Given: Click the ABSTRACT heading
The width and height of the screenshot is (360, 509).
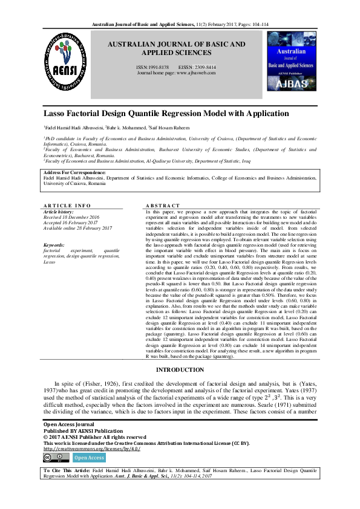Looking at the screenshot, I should [163, 206].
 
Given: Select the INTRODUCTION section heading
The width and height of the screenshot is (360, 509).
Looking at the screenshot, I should [180, 369].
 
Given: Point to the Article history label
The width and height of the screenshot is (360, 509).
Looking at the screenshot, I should [57, 212].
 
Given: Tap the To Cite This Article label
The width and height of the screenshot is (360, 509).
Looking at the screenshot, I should [66, 470].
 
